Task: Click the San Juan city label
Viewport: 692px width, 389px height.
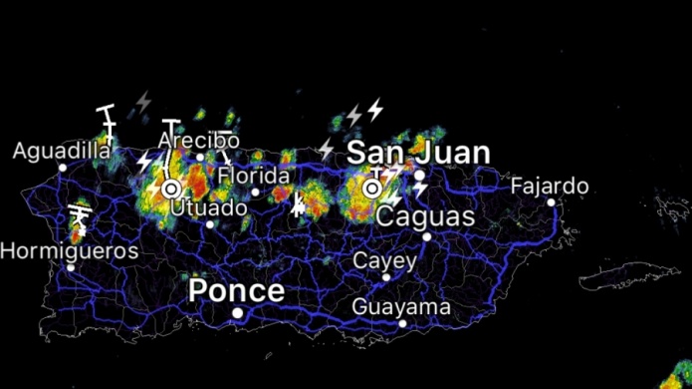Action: pos(417,153)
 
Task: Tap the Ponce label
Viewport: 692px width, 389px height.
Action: pos(236,291)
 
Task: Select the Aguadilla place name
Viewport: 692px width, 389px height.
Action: pos(62,151)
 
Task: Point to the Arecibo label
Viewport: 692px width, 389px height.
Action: pos(198,141)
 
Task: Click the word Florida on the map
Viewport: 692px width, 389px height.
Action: pos(254,176)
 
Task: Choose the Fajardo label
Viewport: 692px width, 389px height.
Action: pos(550,186)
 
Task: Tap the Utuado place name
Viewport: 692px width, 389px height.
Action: pos(208,207)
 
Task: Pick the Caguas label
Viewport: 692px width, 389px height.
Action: pos(427,216)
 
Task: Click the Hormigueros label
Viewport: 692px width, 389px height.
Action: pos(69,250)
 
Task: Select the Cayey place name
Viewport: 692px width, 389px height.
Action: pos(384,260)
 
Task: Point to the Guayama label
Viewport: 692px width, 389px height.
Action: pos(401,306)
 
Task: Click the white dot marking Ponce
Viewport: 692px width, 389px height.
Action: pos(238,313)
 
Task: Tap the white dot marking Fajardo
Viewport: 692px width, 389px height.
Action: pos(551,202)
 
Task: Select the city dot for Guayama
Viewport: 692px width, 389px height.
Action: pos(402,323)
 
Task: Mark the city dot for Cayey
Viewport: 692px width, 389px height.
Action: pos(386,277)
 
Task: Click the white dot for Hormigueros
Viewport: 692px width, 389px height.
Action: pos(70,267)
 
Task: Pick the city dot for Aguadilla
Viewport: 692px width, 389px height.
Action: pos(62,168)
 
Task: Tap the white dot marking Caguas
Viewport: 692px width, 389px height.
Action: pos(427,236)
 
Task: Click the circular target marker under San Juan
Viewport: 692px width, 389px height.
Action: pos(371,188)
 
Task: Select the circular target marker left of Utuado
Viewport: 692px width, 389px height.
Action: pos(171,188)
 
